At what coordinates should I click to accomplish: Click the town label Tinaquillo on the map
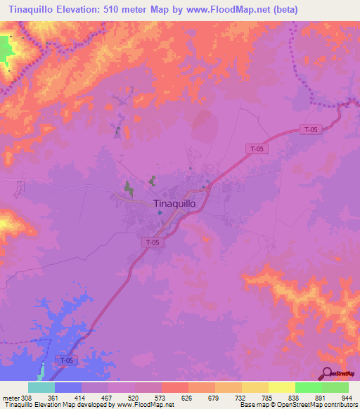pyautogui.click(x=179, y=203)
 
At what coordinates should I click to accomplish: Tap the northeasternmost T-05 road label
pyautogui.click(x=310, y=129)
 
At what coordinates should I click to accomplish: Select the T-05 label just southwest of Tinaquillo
pyautogui.click(x=153, y=242)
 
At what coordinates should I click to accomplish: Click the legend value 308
pyautogui.click(x=24, y=397)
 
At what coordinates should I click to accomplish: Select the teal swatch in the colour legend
pyautogui.click(x=41, y=387)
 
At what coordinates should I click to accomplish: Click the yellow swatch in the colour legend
pyautogui.click(x=281, y=387)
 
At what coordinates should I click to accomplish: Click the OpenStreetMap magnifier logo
pyautogui.click(x=328, y=373)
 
